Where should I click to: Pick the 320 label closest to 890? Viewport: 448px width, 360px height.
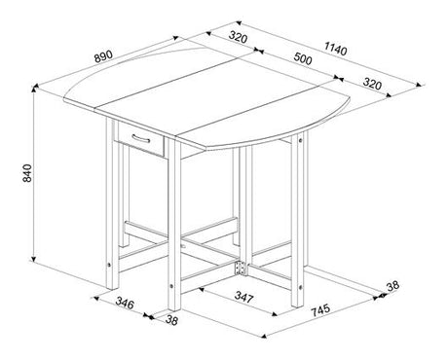[233, 38]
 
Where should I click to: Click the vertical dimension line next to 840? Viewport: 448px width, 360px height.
[35, 175]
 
